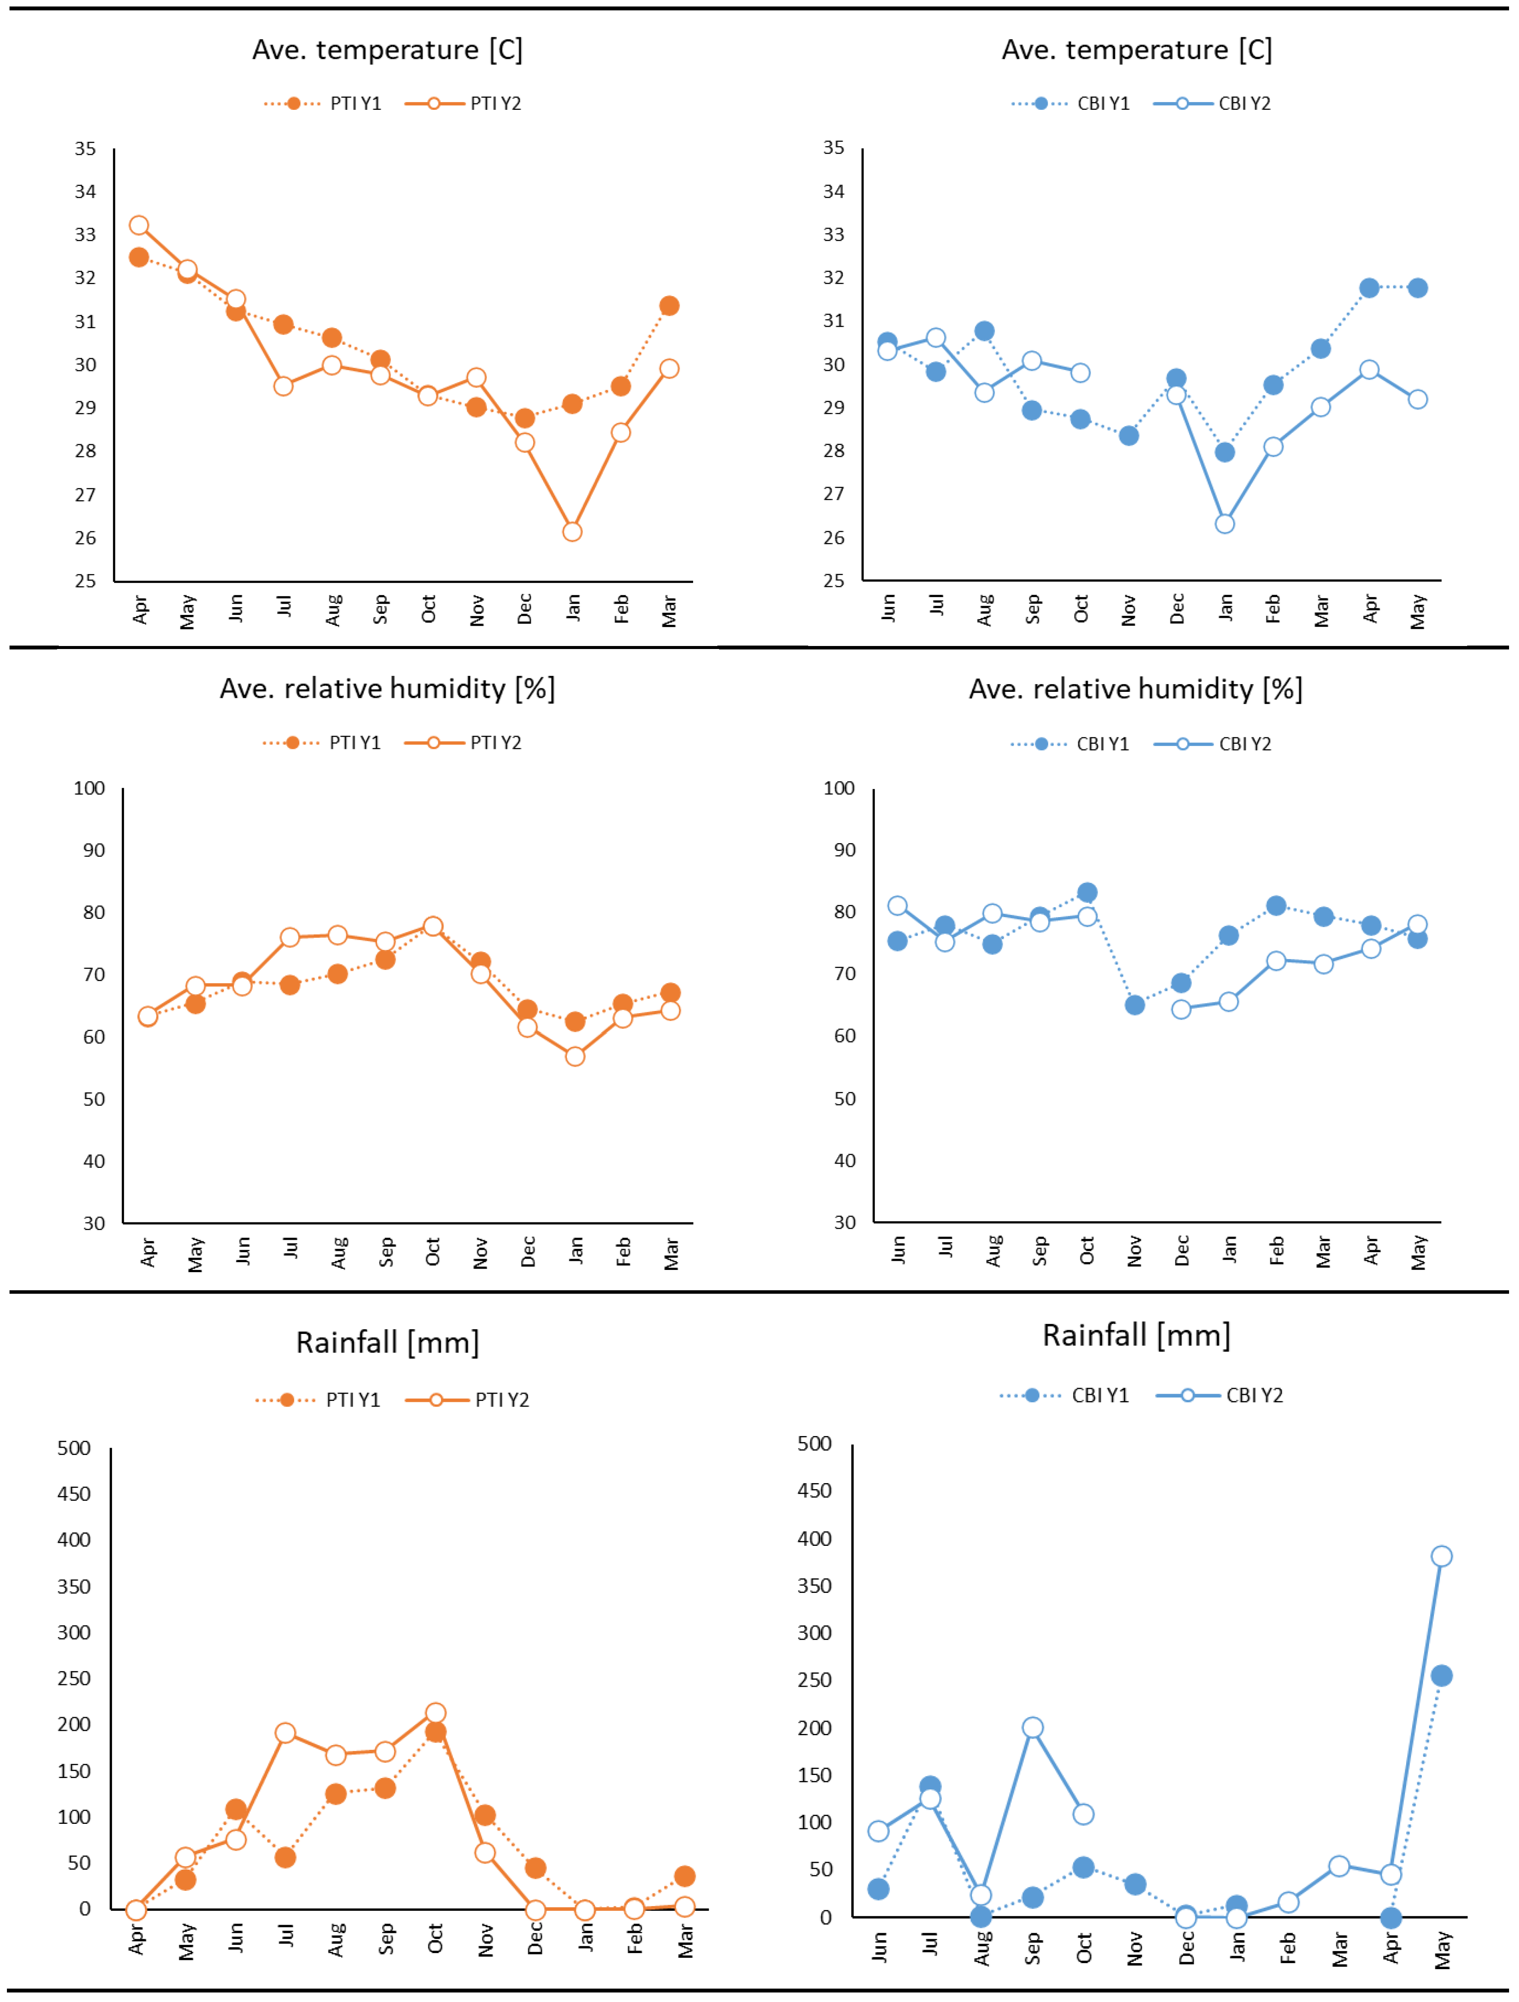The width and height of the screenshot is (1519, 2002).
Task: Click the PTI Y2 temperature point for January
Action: click(572, 532)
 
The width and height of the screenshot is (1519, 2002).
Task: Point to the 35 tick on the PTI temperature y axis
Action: click(85, 148)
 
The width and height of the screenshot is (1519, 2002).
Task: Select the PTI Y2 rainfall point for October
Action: click(435, 1713)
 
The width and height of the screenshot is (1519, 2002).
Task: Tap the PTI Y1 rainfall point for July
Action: click(285, 1857)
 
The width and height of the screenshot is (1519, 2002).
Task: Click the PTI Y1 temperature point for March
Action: click(669, 306)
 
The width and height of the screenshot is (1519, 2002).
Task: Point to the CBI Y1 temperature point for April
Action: click(1369, 288)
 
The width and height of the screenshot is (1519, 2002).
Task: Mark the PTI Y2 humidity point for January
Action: click(575, 1056)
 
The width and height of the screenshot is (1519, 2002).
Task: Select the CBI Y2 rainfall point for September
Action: click(1032, 1728)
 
